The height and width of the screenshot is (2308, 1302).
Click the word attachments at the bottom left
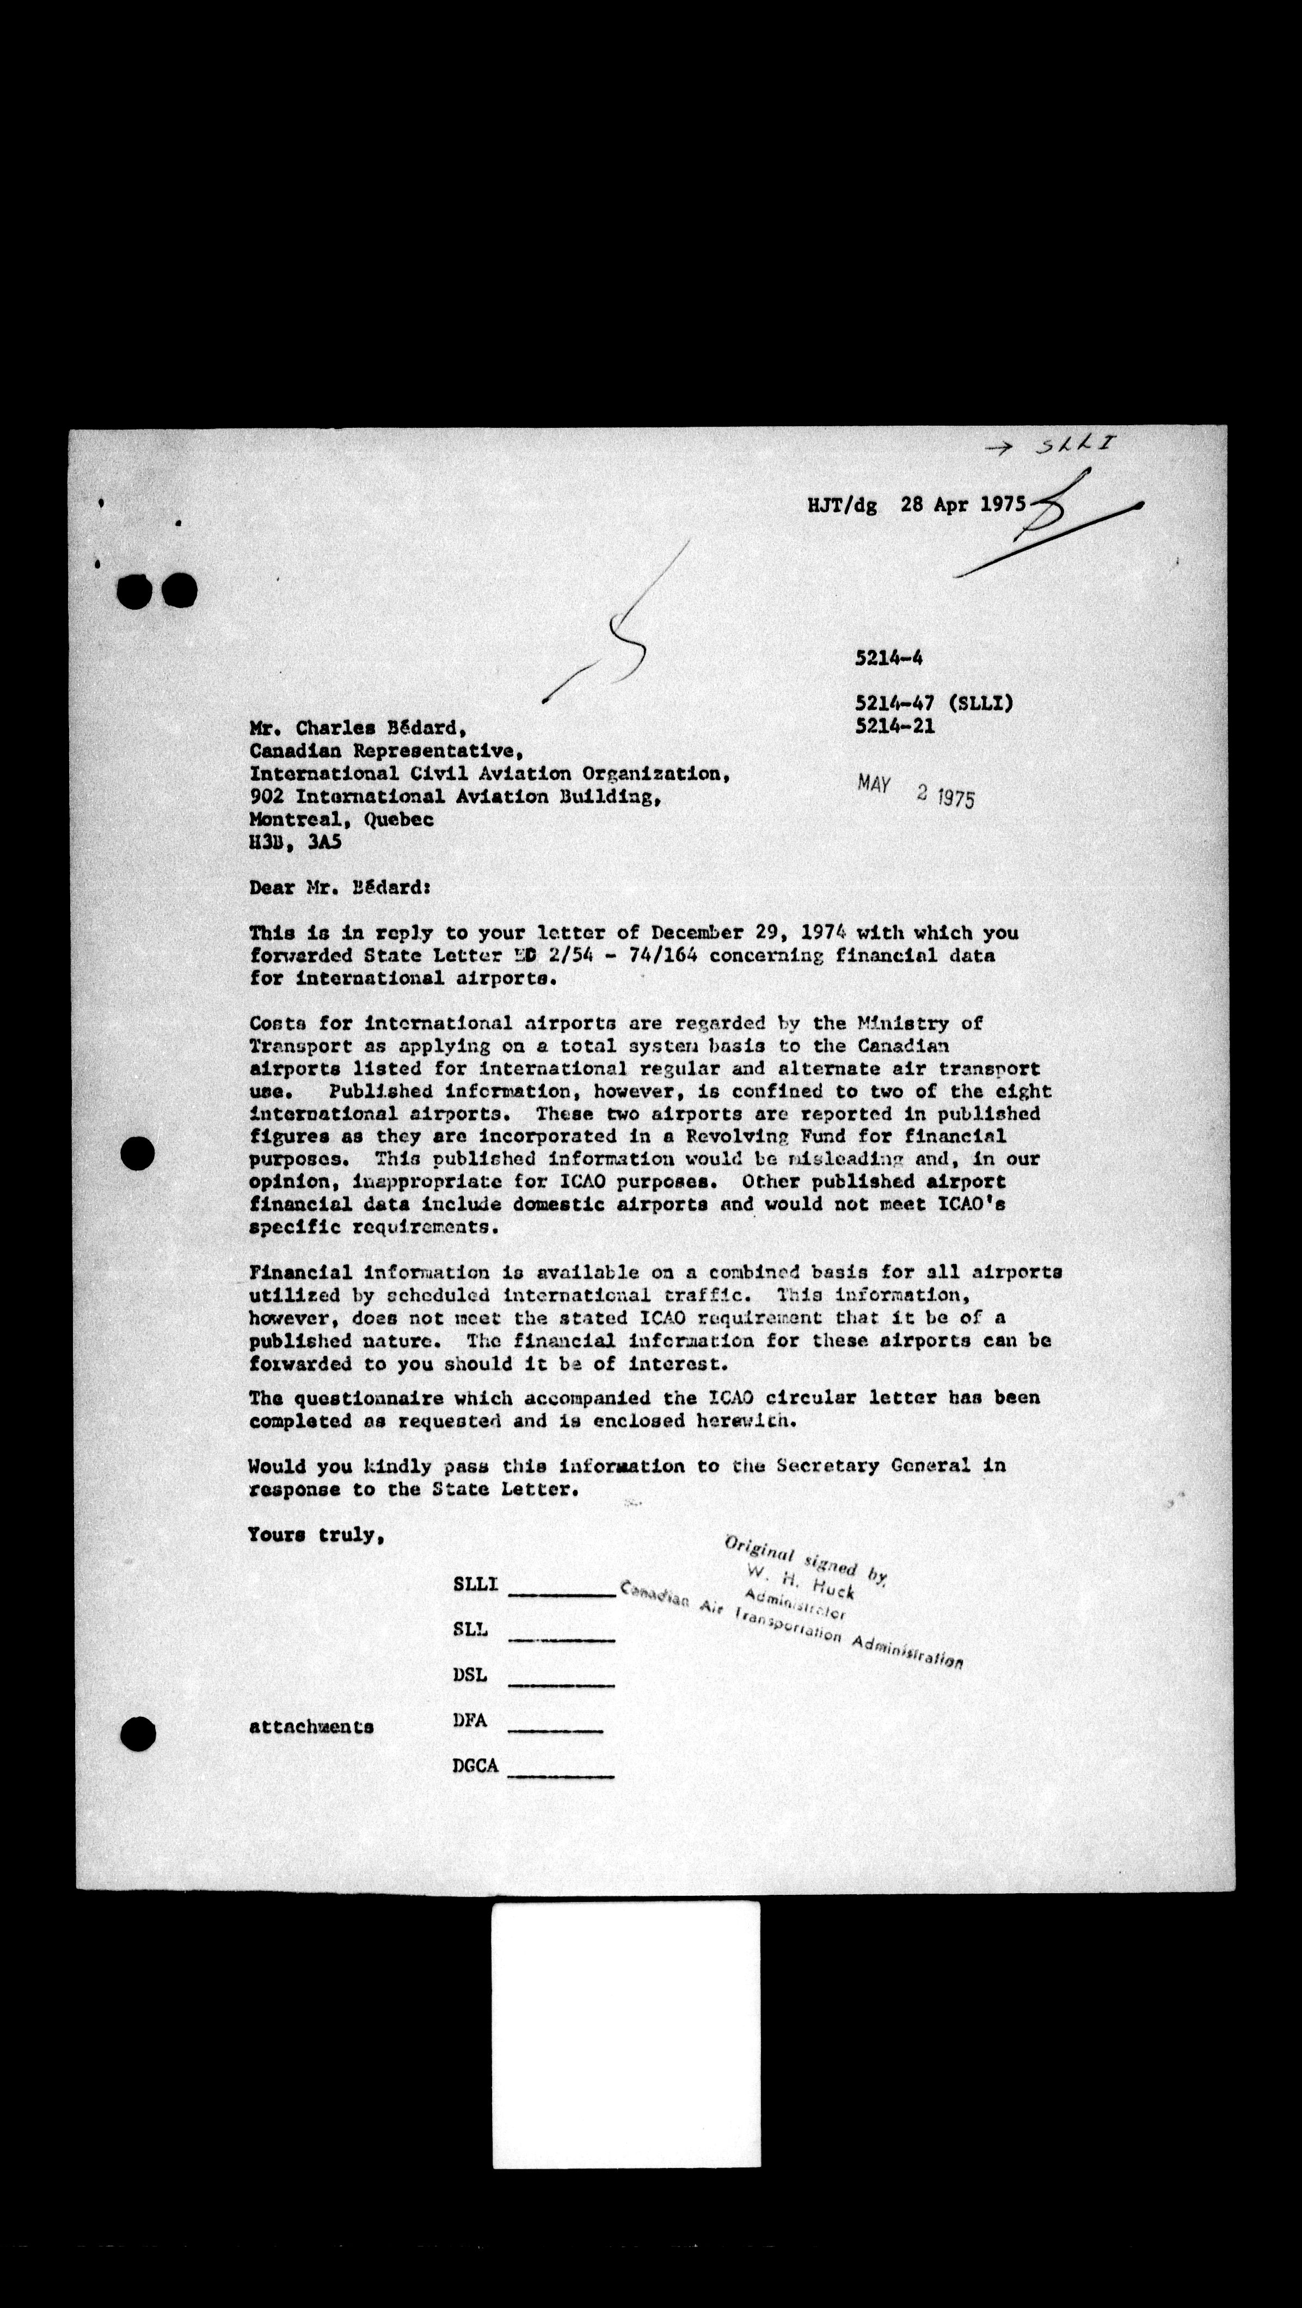tap(311, 1727)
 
